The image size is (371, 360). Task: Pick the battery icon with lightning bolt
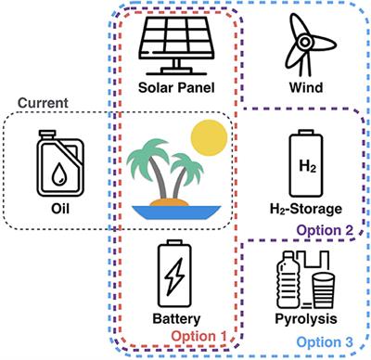(175, 273)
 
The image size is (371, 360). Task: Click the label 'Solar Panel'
(175, 89)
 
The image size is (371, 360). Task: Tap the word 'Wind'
(305, 89)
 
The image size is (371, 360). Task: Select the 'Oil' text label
(58, 209)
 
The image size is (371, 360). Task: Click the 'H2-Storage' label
(305, 209)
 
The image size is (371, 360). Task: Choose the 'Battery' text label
(175, 319)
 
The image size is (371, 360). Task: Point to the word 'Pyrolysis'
(305, 318)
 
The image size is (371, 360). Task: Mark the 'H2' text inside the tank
(306, 166)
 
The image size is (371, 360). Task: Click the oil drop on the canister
(58, 174)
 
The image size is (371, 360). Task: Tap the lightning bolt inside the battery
(175, 276)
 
